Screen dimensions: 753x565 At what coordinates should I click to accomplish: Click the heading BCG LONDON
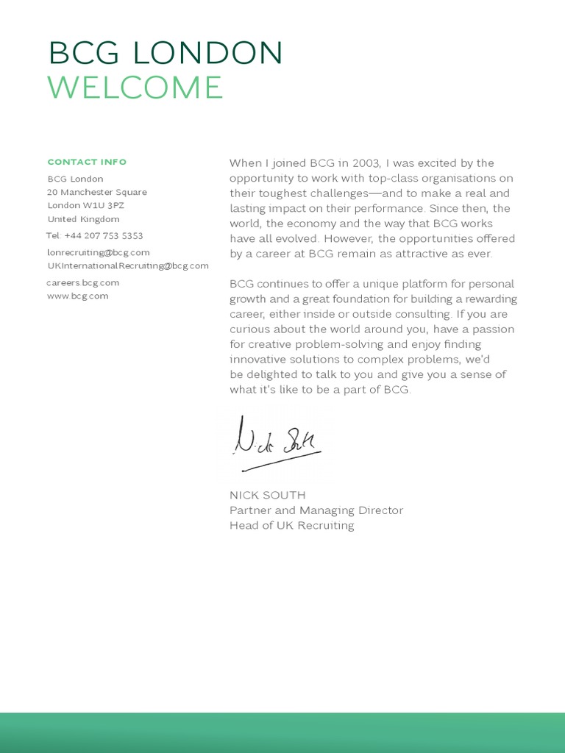(x=166, y=53)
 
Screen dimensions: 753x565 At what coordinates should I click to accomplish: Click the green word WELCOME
(x=135, y=88)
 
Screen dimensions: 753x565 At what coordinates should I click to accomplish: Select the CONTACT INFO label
(x=87, y=162)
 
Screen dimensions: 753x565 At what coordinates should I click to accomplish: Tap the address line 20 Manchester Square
(x=97, y=192)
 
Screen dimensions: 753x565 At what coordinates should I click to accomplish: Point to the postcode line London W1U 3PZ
(x=86, y=205)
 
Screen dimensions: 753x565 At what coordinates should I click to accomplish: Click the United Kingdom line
(x=83, y=219)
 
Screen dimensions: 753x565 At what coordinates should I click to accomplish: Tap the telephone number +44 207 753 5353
(x=104, y=236)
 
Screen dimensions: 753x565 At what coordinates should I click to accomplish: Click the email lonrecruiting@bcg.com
(x=99, y=252)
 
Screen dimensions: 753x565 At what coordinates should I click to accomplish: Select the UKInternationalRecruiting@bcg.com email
(x=128, y=265)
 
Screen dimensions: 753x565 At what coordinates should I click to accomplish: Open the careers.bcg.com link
(x=82, y=282)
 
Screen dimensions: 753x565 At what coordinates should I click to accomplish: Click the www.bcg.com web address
(x=77, y=296)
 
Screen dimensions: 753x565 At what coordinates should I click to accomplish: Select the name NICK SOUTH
(x=268, y=495)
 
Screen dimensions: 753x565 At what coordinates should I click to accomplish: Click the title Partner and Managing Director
(x=316, y=510)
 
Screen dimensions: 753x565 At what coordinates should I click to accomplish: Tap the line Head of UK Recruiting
(x=292, y=526)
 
